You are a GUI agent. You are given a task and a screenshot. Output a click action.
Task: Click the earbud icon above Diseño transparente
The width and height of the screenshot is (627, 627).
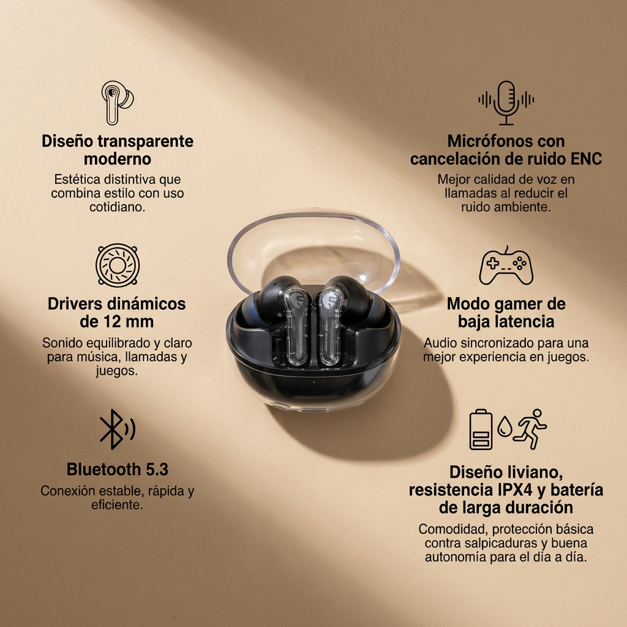click(x=117, y=102)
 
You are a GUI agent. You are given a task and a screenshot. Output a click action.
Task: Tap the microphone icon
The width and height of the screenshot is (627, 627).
click(x=506, y=102)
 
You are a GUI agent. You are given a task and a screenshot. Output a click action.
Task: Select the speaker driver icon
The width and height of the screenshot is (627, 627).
click(x=118, y=265)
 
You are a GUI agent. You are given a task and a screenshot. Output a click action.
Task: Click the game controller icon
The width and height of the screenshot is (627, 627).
click(x=506, y=266)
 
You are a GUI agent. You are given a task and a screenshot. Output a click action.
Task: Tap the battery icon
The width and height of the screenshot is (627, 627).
click(x=481, y=429)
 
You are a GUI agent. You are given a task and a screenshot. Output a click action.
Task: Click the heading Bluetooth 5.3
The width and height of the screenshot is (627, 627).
click(x=117, y=470)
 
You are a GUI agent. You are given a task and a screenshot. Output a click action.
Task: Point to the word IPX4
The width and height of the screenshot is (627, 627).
click(x=519, y=490)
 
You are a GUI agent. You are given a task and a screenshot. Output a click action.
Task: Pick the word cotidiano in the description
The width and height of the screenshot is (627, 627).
click(x=117, y=207)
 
